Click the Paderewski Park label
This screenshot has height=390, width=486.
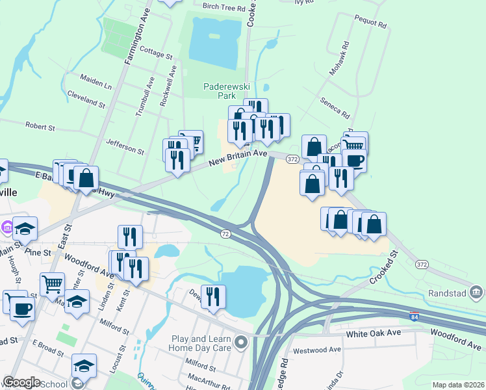click(x=218, y=90)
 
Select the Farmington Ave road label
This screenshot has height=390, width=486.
click(x=137, y=38)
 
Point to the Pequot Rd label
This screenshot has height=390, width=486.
click(x=370, y=24)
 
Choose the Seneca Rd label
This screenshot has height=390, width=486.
click(x=335, y=105)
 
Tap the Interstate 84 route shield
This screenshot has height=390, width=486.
click(x=414, y=317)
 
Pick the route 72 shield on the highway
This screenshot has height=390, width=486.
click(x=225, y=233)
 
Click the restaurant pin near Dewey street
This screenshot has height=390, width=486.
click(x=213, y=297)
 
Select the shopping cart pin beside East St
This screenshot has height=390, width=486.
click(x=52, y=283)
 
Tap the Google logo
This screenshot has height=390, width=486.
click(x=21, y=382)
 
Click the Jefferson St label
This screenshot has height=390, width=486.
click(x=125, y=145)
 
